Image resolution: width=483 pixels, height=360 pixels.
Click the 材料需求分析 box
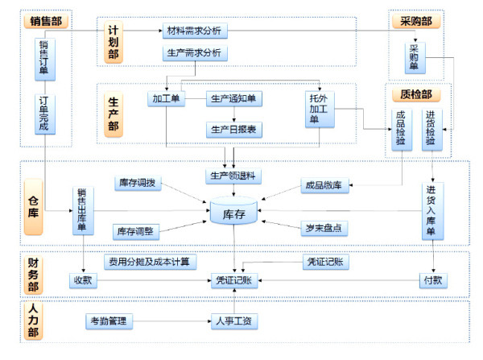coord(194,31)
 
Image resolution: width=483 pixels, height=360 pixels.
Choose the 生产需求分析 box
coord(194,52)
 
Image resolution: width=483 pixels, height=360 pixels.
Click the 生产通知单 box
coord(233,99)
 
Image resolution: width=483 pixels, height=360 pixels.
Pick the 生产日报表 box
coord(233,129)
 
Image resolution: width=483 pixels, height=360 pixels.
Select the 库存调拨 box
coord(141,184)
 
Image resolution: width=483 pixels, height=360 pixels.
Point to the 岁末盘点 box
coord(325,228)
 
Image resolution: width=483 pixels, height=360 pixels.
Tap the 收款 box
coord(84,281)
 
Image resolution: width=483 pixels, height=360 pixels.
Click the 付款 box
coord(433,281)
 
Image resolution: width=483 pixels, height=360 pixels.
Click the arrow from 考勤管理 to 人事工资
coord(171,322)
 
